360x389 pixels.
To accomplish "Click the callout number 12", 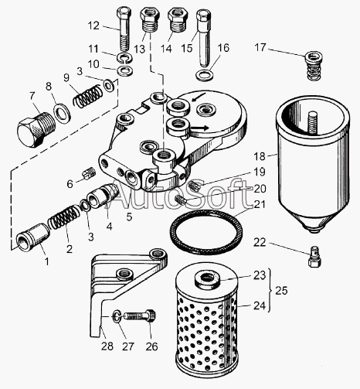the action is [93, 26].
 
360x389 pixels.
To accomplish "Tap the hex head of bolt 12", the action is [124, 12].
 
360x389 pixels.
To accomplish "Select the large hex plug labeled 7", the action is [36, 129].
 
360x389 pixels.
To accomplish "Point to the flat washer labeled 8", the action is [62, 112].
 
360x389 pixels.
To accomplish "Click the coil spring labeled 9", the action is [87, 96].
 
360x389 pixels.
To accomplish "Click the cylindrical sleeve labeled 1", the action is [33, 237].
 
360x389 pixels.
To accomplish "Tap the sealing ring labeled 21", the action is [206, 232].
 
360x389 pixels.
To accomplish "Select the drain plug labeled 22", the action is [314, 256].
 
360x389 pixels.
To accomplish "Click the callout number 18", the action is [260, 156].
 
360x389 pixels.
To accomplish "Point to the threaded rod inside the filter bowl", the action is [312, 123].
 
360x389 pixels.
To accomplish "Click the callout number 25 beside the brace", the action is [281, 291].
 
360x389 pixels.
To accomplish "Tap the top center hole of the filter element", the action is [207, 278].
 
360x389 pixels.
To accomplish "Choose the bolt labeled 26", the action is [141, 315].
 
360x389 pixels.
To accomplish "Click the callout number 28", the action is [107, 346].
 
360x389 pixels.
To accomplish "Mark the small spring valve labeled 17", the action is [314, 66].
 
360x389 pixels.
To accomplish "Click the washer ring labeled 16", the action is [205, 76].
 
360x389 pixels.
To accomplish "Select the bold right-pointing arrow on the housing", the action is [199, 128].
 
